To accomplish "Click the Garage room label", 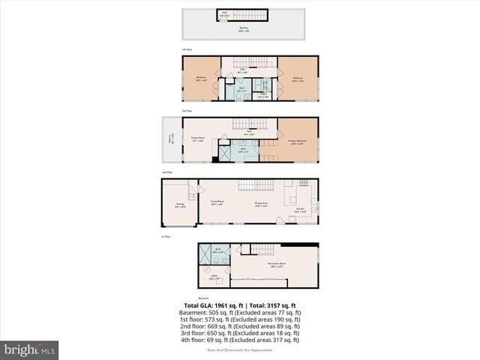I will [x=180, y=205].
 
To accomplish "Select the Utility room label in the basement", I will [x=214, y=277].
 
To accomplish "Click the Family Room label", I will [x=198, y=138].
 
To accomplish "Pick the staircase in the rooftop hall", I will [x=258, y=14].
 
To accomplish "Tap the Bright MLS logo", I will [x=30, y=349].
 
